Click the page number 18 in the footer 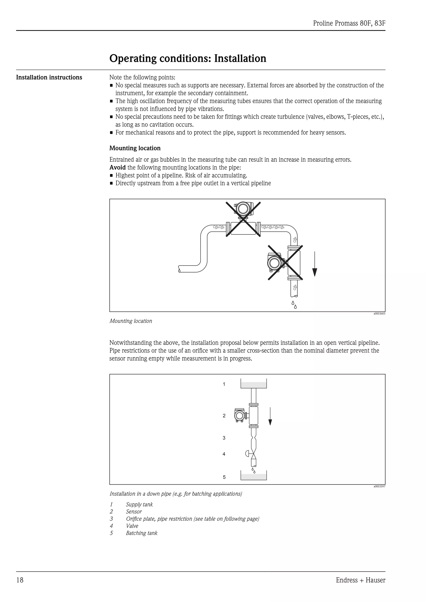[20, 587]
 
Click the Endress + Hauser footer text [360, 587]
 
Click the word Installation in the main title [240, 58]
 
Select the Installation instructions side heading [49, 77]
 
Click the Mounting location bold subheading [135, 148]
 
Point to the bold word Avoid [117, 168]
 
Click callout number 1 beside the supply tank [224, 384]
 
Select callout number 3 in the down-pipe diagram [224, 438]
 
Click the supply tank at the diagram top [254, 384]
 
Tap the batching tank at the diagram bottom [254, 476]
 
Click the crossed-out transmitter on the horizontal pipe [243, 210]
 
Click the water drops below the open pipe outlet [294, 305]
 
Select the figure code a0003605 [379, 314]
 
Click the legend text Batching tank [141, 533]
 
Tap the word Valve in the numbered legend [132, 526]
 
